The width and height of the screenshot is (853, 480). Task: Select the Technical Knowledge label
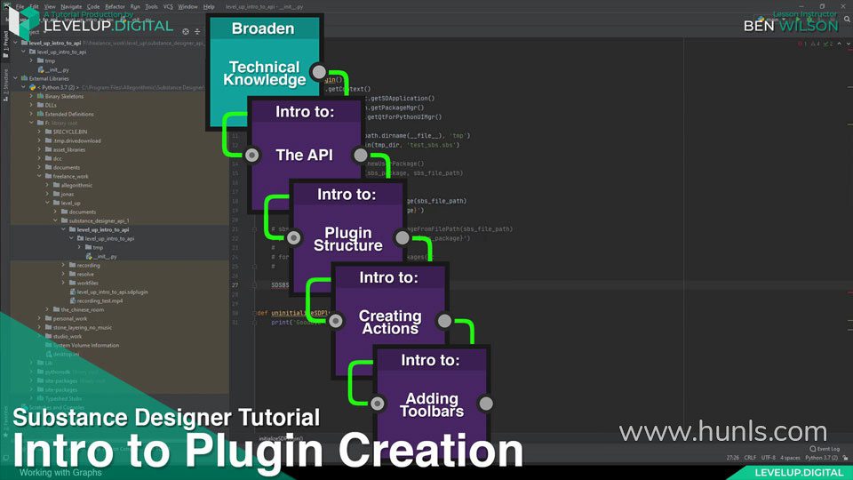(264, 74)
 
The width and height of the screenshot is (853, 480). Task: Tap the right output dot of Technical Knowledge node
(318, 71)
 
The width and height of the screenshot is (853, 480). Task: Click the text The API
(304, 155)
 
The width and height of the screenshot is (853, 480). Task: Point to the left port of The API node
(251, 156)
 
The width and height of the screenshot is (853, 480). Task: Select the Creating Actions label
(389, 322)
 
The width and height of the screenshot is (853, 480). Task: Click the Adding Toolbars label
(431, 405)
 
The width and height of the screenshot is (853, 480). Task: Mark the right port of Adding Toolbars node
(485, 404)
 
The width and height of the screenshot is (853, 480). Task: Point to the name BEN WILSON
(790, 26)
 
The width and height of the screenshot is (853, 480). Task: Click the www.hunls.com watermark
(722, 432)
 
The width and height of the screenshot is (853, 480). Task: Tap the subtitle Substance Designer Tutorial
(166, 416)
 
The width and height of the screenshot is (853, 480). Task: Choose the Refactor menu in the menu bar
(115, 6)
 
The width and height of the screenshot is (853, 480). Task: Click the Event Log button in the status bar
(827, 449)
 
